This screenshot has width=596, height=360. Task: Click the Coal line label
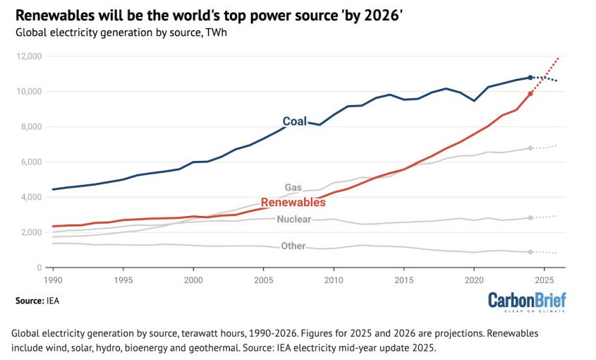[x=295, y=121]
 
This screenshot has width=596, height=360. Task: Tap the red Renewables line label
[x=293, y=202]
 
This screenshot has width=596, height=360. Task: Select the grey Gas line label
[x=293, y=187]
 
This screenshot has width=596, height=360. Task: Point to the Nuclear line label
[x=294, y=219]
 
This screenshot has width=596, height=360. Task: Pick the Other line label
[x=293, y=246]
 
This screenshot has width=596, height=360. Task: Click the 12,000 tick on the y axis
[x=29, y=56]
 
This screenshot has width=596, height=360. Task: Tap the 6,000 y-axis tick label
[x=30, y=162]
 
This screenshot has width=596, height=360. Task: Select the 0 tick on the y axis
[x=39, y=268]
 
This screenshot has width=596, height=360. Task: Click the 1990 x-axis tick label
[x=53, y=280]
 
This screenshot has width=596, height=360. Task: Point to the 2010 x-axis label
[x=334, y=280]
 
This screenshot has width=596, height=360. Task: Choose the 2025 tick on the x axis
[x=545, y=280]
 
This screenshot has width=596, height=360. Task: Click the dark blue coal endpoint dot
[x=530, y=78]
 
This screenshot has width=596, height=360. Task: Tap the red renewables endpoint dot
[x=530, y=94]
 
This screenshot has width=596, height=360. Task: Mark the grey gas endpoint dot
[x=530, y=148]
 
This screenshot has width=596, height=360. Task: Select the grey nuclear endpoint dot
[x=530, y=217]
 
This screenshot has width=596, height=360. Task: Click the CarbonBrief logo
[x=527, y=302]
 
